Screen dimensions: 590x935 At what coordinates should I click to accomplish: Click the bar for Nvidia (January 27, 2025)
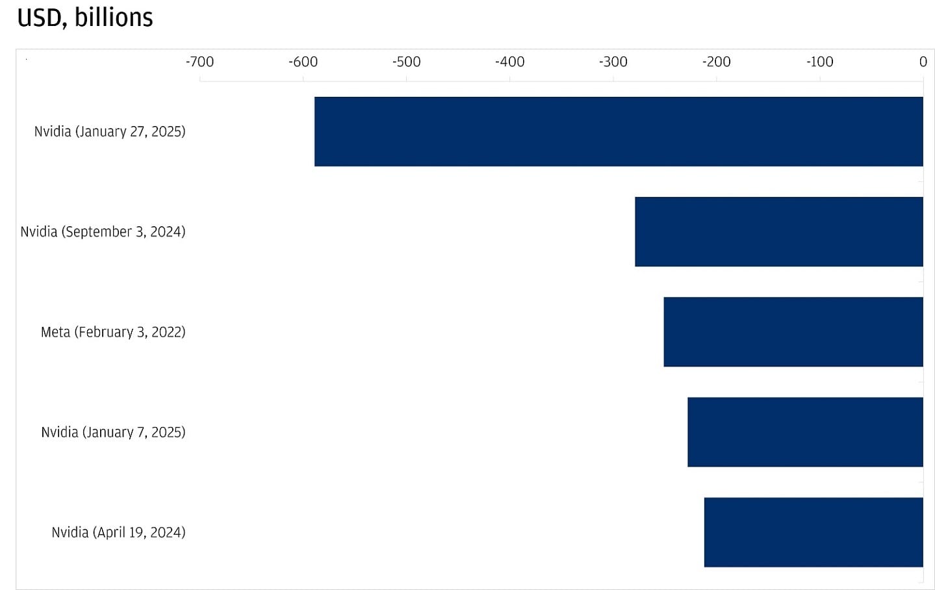(x=619, y=131)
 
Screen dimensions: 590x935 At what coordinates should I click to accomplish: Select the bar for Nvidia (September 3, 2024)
(x=778, y=231)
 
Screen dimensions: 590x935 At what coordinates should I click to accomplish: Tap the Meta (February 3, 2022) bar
(x=793, y=331)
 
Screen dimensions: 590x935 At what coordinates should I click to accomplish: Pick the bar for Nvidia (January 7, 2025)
(x=805, y=431)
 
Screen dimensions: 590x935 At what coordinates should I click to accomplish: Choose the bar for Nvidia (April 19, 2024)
(x=813, y=532)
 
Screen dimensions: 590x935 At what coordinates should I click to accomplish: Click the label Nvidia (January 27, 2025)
(x=110, y=131)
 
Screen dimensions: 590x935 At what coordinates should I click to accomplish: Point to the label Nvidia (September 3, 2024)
(x=103, y=231)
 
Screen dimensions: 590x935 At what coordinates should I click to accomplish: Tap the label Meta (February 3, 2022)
(x=113, y=331)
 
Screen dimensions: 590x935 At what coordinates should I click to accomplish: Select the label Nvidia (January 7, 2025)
(x=113, y=431)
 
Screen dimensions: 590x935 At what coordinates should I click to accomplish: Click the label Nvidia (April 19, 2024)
(x=118, y=532)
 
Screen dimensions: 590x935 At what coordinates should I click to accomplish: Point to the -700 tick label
(x=199, y=62)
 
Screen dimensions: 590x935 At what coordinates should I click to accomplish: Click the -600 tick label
(x=303, y=62)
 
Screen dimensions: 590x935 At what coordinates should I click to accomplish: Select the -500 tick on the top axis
(x=407, y=62)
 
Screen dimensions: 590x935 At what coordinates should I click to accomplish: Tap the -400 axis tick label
(x=510, y=62)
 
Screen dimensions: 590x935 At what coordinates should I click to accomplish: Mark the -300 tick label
(x=613, y=62)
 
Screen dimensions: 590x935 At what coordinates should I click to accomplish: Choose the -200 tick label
(x=717, y=62)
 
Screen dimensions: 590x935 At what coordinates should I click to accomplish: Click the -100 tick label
(x=820, y=62)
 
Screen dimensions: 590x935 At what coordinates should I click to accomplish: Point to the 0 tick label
(x=923, y=62)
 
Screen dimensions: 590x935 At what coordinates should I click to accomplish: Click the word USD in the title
(x=41, y=18)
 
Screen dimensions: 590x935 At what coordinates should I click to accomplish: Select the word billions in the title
(x=114, y=18)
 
